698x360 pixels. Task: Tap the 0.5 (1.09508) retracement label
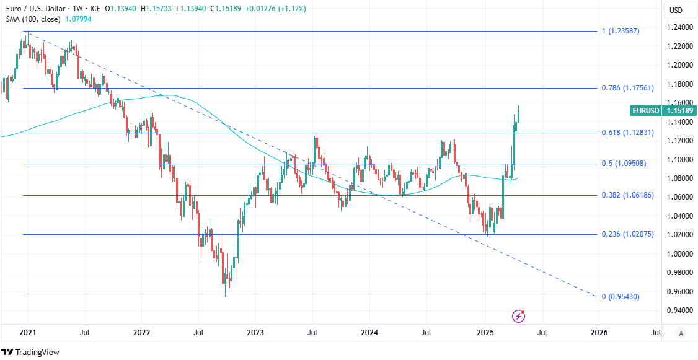pyautogui.click(x=629, y=164)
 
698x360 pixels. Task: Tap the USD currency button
pyautogui.click(x=676, y=10)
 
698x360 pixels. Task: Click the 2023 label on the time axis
pyautogui.click(x=255, y=333)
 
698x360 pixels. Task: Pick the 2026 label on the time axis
pyautogui.click(x=598, y=333)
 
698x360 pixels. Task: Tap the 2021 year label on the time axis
pyautogui.click(x=27, y=333)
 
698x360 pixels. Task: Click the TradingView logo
pyautogui.click(x=30, y=352)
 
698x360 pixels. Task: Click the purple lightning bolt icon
pyautogui.click(x=519, y=317)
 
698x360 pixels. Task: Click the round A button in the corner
pyautogui.click(x=681, y=333)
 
